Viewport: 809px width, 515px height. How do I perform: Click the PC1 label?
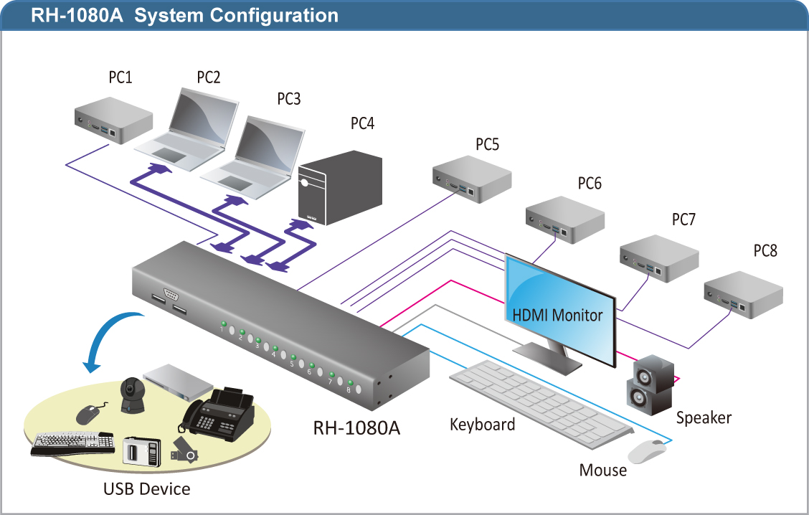point(120,77)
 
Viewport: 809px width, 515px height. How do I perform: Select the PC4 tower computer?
point(340,189)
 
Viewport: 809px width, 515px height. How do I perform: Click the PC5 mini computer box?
point(471,182)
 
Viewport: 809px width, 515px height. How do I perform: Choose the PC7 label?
point(683,219)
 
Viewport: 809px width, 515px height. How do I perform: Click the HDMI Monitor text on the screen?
point(557,314)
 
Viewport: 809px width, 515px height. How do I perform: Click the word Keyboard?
point(482,425)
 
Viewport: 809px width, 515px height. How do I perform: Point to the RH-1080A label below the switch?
point(356,428)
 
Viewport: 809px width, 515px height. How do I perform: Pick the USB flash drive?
point(184,451)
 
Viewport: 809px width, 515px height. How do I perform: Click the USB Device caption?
point(147,489)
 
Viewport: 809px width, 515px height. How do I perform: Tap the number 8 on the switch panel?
point(349,390)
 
